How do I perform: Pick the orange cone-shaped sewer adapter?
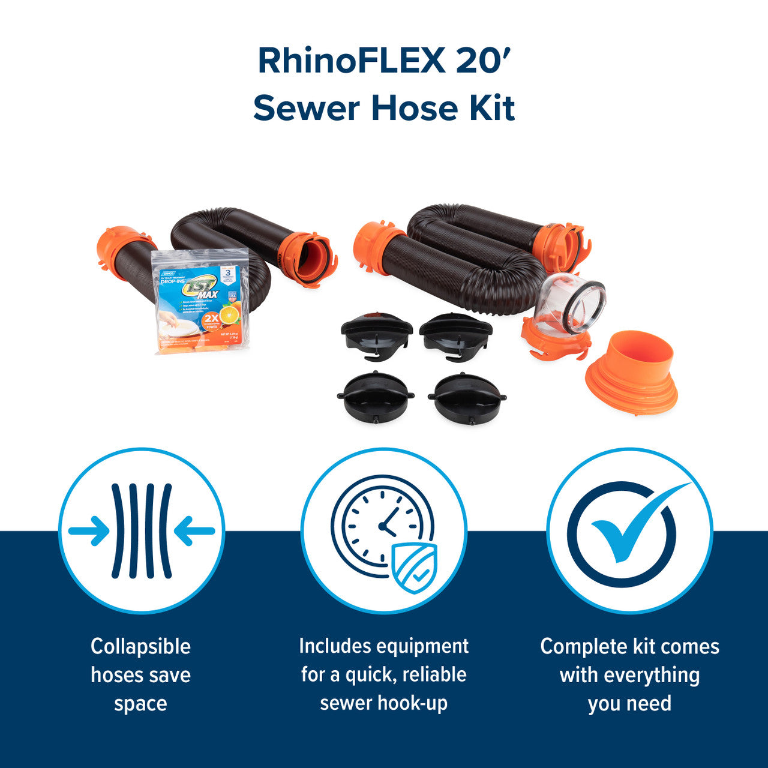pos(632,372)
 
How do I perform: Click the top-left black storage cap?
pos(376,332)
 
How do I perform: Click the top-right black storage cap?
pos(456,332)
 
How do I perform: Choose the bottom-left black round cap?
pos(376,397)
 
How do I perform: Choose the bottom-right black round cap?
pos(467,397)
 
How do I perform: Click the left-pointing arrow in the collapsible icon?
pos(194,531)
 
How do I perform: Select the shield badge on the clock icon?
pos(414,567)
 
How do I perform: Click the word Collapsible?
pos(140,647)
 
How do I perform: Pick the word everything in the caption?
pos(652,675)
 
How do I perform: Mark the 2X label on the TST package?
pos(209,318)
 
